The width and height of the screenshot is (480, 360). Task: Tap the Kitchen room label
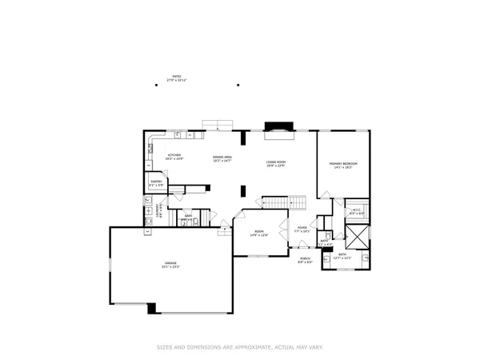click(174, 155)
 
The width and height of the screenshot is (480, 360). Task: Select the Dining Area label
click(222, 157)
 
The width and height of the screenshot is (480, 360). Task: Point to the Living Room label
click(276, 163)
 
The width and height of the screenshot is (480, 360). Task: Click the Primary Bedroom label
click(343, 164)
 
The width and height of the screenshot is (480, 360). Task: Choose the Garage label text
click(170, 262)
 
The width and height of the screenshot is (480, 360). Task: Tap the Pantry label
click(157, 182)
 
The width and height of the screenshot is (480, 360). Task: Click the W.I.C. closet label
click(357, 210)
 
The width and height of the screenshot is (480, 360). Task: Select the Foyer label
click(302, 227)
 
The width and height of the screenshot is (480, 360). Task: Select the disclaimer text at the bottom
click(240, 347)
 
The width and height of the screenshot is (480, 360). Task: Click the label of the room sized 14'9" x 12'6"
click(258, 232)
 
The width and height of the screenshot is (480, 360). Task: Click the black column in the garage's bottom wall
click(152, 308)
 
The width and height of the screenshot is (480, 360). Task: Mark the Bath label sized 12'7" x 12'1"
click(342, 254)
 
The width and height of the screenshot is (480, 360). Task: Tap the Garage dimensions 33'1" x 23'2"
click(170, 266)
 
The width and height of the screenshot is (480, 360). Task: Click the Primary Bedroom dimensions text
click(343, 167)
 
